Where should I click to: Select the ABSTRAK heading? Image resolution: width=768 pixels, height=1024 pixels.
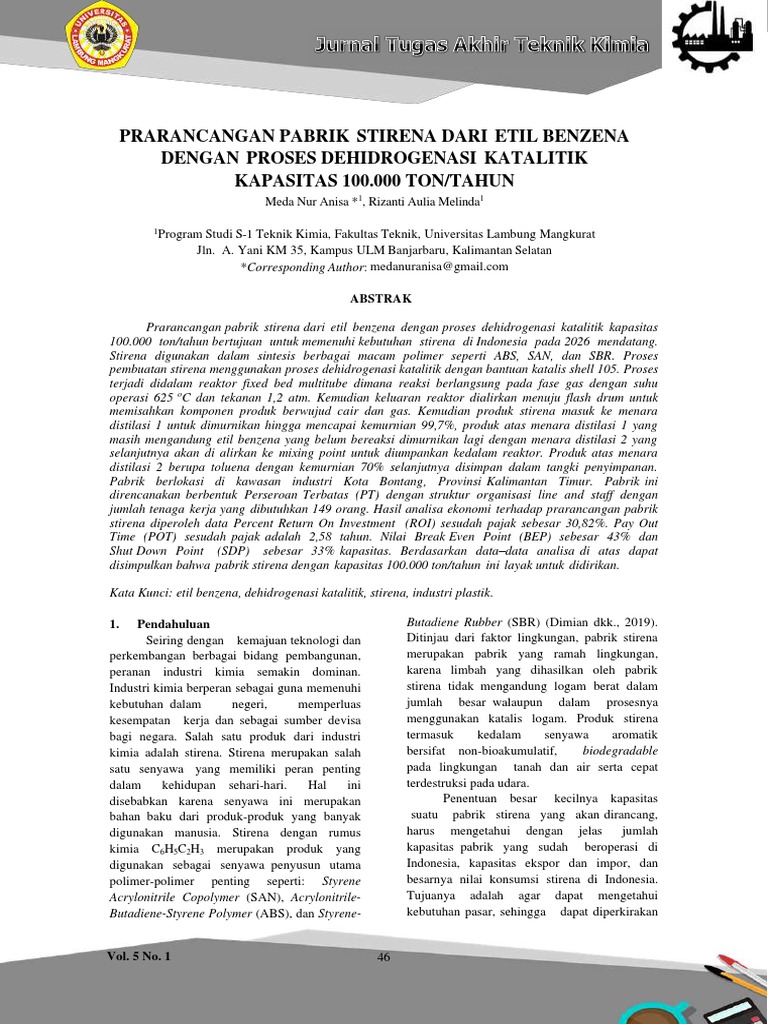coord(383,298)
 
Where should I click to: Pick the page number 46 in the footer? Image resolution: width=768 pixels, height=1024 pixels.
coord(383,957)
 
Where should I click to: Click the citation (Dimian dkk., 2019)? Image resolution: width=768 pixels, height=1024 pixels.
coord(594,623)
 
